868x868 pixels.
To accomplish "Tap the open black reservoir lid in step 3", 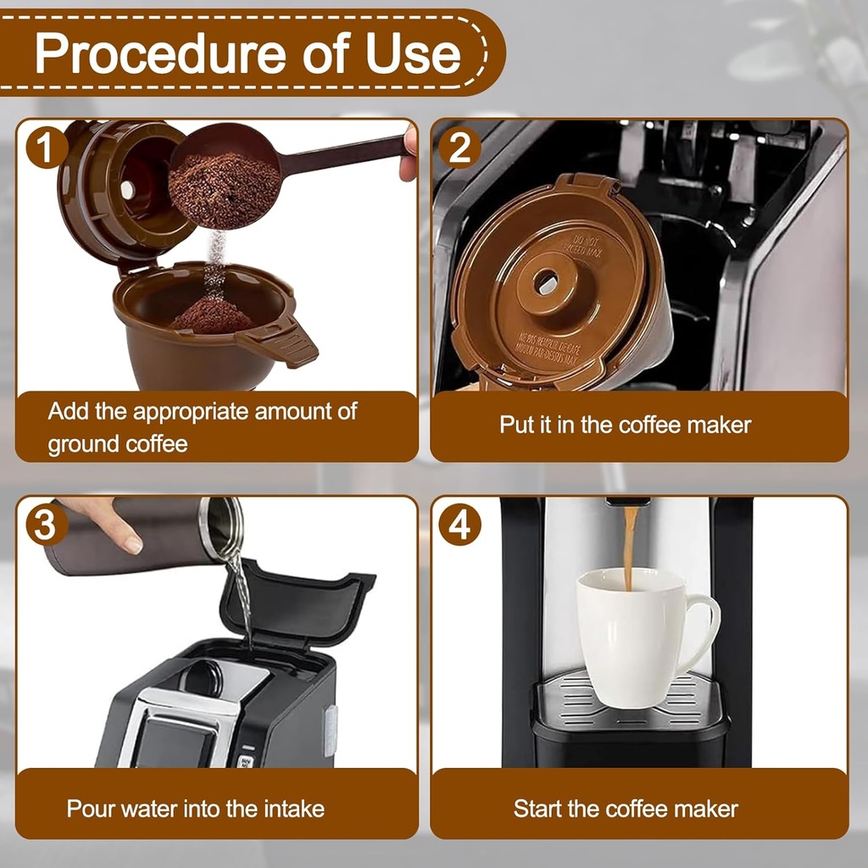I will click(297, 602).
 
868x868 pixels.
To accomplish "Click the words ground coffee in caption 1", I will click(118, 443).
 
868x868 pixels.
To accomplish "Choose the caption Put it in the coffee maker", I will click(625, 425).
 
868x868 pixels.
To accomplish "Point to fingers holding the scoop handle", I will click(410, 153).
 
